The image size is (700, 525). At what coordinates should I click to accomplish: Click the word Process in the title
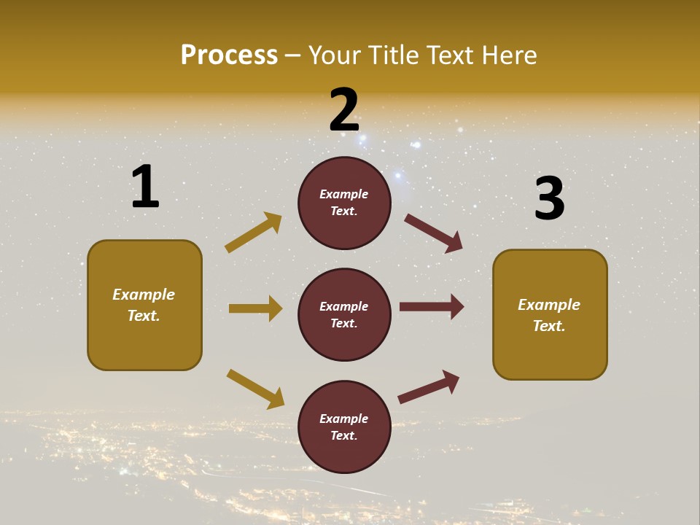(229, 55)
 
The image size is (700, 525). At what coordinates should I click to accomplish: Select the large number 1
(145, 187)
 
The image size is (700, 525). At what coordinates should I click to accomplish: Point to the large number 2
(344, 111)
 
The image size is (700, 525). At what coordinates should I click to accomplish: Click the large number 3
(550, 199)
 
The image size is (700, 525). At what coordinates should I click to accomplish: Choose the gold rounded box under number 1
(144, 305)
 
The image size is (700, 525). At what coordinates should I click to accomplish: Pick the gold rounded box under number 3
(550, 315)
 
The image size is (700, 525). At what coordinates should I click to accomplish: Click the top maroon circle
(344, 203)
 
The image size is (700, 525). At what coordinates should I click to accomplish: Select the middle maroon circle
(344, 314)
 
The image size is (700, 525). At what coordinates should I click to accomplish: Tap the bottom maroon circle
(344, 427)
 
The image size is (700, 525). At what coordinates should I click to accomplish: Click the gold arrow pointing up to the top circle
(253, 233)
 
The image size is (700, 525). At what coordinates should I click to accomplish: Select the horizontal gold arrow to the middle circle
(255, 308)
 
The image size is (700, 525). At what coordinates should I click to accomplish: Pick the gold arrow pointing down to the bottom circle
(255, 388)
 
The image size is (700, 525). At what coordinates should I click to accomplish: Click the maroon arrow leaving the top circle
(433, 233)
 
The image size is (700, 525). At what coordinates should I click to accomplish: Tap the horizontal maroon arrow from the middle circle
(432, 307)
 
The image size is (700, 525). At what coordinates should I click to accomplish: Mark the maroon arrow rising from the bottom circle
(429, 386)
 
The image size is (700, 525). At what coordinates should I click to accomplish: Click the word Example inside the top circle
(344, 195)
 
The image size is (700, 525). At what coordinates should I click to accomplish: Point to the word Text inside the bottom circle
(343, 435)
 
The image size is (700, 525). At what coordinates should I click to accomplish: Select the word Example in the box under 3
(549, 305)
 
